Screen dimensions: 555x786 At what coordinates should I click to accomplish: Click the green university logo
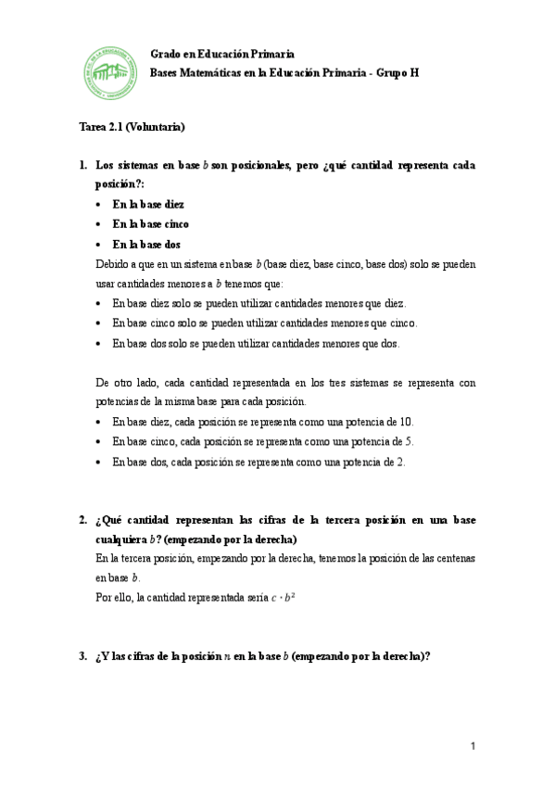107,72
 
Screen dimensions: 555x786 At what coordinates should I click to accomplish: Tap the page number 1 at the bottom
472,746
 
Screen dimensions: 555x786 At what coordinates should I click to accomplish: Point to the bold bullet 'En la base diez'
148,204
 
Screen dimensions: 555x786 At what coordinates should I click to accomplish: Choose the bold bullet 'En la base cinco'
151,224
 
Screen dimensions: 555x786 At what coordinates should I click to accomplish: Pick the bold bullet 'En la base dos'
146,245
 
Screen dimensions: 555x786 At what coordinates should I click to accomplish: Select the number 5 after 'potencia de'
410,441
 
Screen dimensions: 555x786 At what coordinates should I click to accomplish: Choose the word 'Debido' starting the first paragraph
112,264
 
